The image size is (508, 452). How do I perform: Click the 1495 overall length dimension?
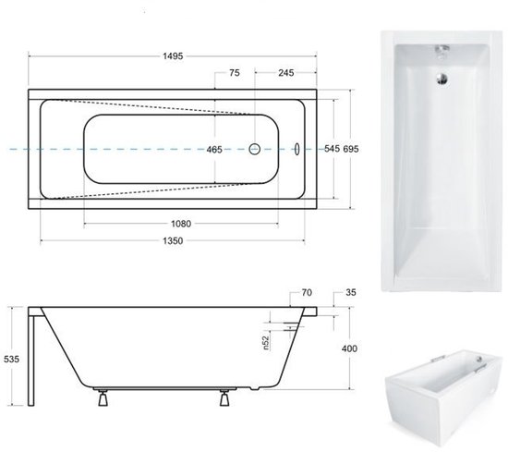(x=173, y=56)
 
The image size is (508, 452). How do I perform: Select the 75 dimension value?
(x=235, y=73)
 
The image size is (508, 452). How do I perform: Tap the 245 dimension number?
(x=286, y=73)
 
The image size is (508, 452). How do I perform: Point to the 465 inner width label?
(x=214, y=150)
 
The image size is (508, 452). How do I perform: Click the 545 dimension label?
(x=333, y=149)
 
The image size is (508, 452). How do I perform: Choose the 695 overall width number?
(x=351, y=149)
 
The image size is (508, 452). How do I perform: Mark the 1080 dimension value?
(x=181, y=224)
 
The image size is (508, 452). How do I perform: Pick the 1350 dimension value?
(x=173, y=241)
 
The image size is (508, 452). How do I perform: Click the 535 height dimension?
(x=11, y=359)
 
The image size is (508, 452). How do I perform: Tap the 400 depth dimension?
(x=349, y=348)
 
